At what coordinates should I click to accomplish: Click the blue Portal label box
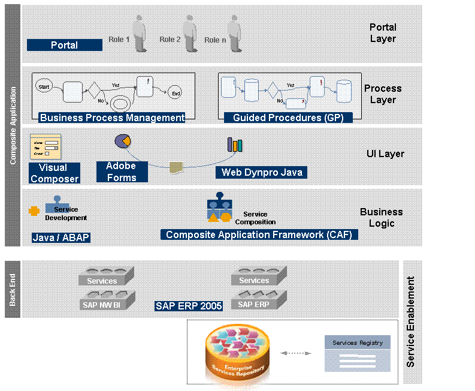(65, 45)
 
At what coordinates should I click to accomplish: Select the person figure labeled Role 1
(140, 35)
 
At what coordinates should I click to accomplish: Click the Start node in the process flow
(44, 87)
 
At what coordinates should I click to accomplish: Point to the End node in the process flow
(176, 93)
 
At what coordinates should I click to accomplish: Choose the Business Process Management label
(112, 118)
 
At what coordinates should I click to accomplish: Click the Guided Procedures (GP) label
(284, 118)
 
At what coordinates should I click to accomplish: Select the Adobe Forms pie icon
(123, 142)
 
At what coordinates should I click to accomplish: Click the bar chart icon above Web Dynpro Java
(234, 145)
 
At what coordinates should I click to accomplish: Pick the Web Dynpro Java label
(262, 173)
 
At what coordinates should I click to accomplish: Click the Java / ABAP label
(60, 237)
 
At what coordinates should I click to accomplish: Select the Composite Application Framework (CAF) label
(259, 234)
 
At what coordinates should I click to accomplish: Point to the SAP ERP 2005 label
(189, 306)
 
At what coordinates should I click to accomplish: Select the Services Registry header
(358, 342)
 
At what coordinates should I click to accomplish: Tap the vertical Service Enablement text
(411, 321)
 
